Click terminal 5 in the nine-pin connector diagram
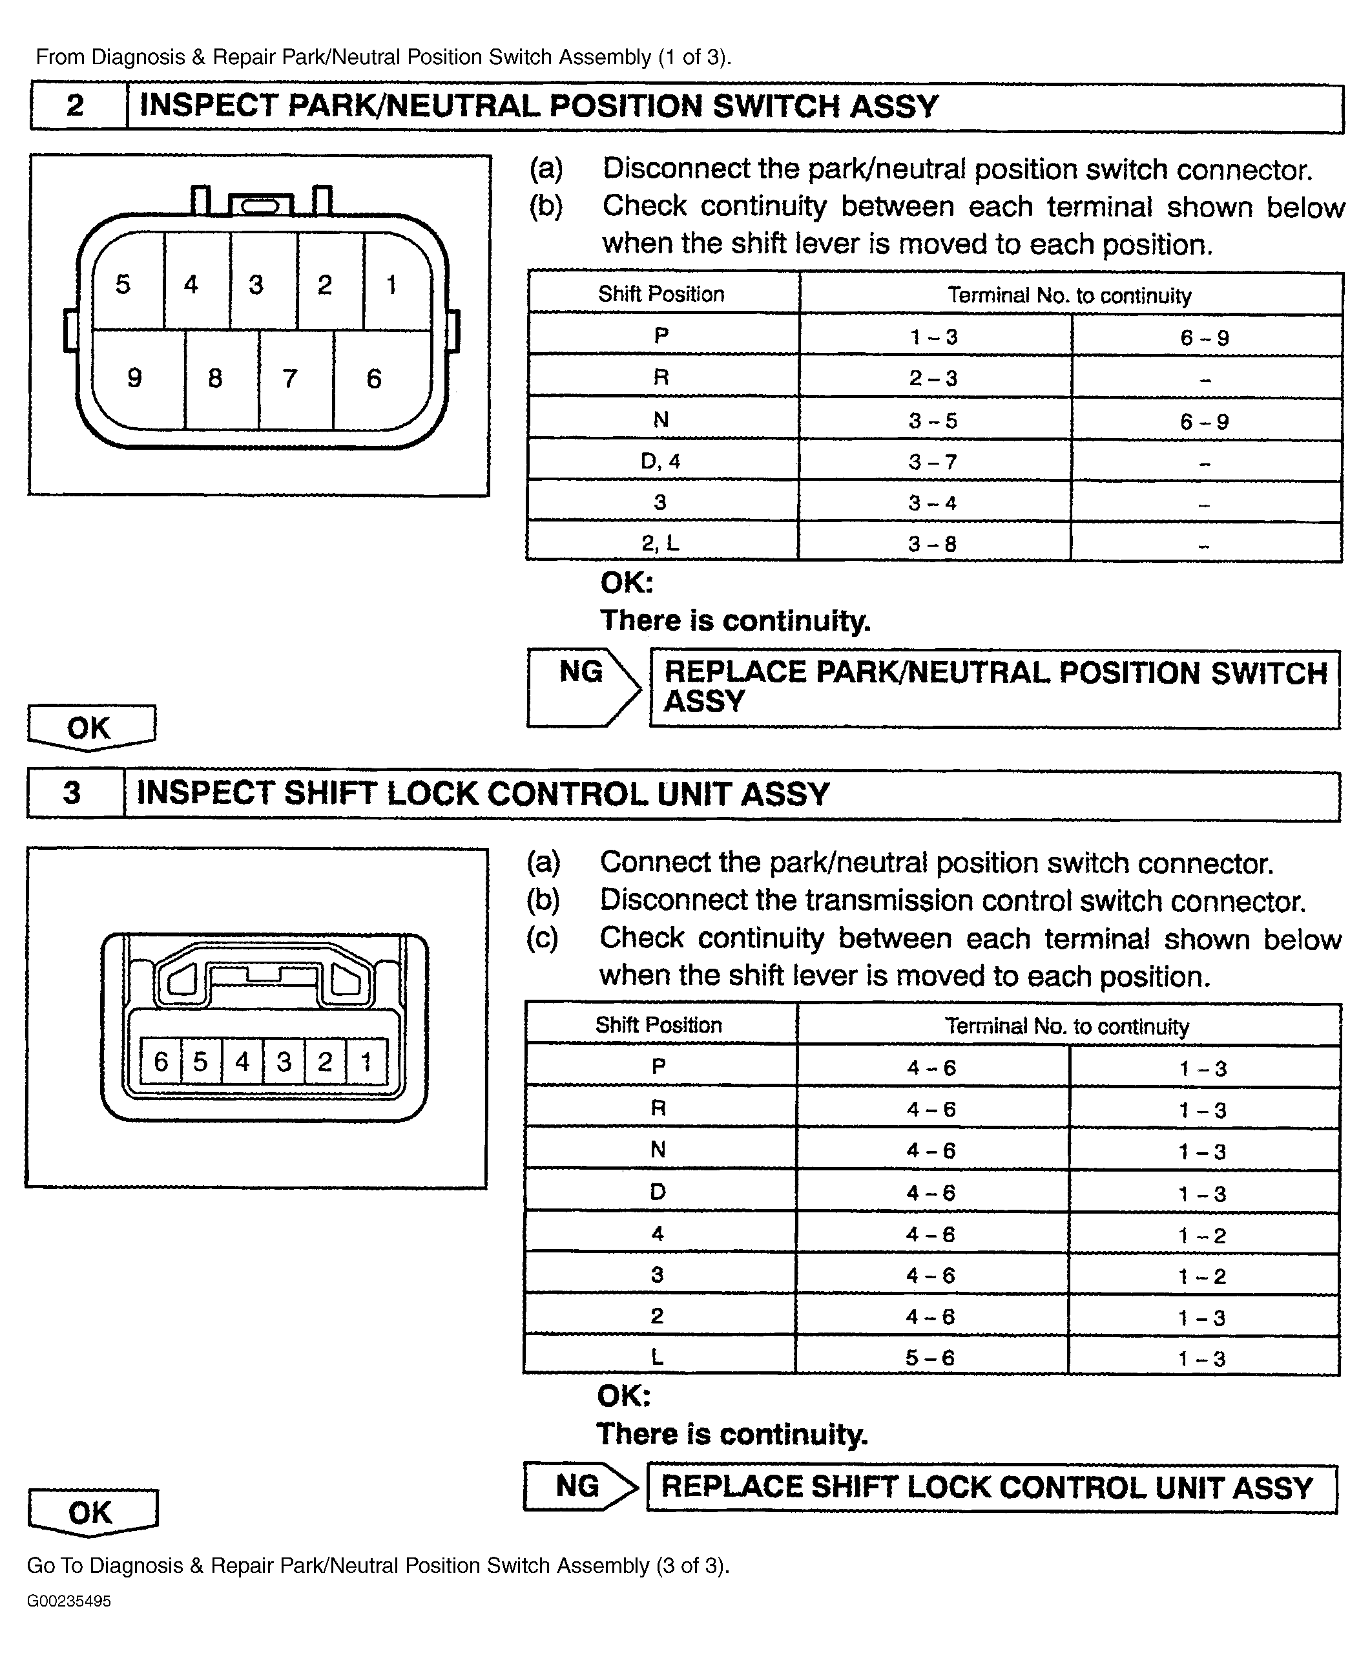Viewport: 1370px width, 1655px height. (123, 284)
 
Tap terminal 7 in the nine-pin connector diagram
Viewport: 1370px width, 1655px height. (290, 378)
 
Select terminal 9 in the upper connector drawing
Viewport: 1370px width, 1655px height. (135, 378)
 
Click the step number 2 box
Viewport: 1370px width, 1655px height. (76, 105)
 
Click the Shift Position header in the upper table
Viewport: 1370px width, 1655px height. (661, 294)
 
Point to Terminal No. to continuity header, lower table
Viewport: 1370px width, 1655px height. (1066, 1026)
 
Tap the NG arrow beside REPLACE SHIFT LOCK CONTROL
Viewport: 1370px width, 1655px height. (581, 1486)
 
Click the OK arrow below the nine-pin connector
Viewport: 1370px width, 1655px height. (90, 726)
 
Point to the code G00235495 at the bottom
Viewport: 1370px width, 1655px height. (69, 1601)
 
